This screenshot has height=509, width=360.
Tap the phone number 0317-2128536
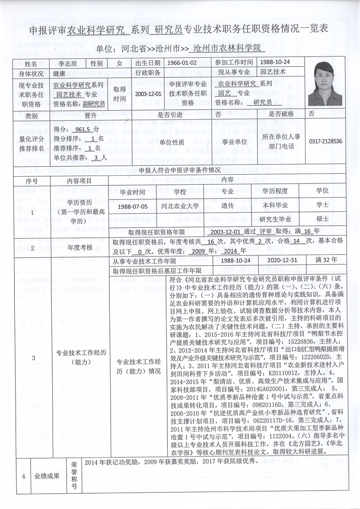[x=325, y=141]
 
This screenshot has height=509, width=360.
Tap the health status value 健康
[x=60, y=72]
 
